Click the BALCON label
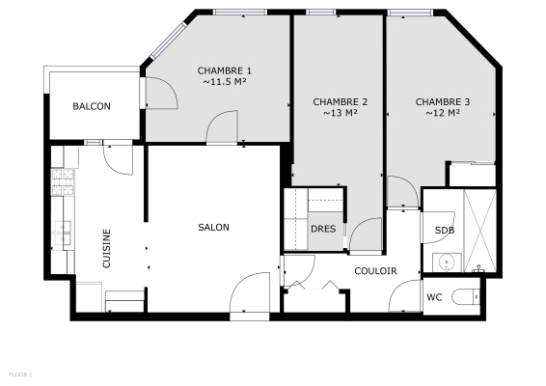[x=92, y=106]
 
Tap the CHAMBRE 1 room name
[x=225, y=70]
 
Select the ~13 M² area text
[x=341, y=114]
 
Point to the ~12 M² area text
[x=442, y=114]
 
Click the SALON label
[x=213, y=228]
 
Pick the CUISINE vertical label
[x=107, y=248]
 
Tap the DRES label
[x=322, y=229]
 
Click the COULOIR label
[x=375, y=271]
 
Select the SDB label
[x=444, y=231]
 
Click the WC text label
[x=435, y=297]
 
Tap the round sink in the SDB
[x=445, y=262]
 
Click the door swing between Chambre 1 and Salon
[x=223, y=125]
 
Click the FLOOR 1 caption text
[x=21, y=373]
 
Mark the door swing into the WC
[x=404, y=296]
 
